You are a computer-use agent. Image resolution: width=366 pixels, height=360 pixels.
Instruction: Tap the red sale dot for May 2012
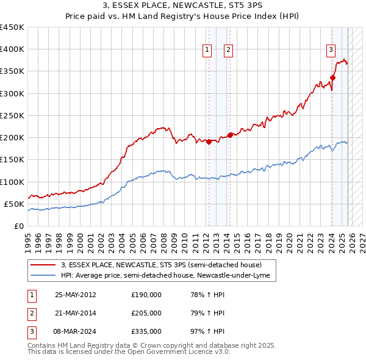click(209, 142)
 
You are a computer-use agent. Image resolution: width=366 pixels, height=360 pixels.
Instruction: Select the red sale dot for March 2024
click(332, 77)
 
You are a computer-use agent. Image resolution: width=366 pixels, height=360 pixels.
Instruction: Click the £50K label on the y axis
click(14, 204)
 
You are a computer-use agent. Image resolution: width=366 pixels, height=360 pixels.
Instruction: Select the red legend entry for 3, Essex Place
click(161, 265)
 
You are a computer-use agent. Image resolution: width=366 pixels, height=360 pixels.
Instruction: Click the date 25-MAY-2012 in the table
click(76, 295)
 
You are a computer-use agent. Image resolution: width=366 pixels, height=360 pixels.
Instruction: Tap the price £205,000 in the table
click(146, 313)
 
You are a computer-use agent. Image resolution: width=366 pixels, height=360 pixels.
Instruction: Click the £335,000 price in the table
click(146, 331)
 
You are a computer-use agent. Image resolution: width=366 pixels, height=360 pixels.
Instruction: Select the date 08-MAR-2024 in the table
click(76, 331)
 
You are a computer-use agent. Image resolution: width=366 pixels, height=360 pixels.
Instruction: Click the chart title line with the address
click(183, 7)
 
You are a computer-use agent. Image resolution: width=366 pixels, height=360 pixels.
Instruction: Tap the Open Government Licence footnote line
click(129, 352)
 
